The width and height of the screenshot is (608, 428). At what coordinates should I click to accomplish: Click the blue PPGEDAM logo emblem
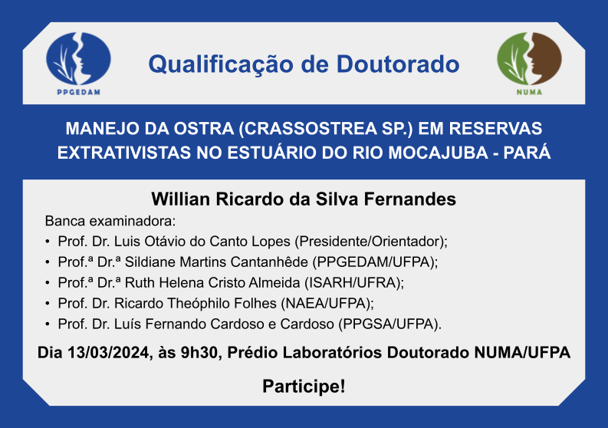(x=78, y=59)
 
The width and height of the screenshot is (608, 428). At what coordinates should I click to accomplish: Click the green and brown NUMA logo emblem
(x=529, y=59)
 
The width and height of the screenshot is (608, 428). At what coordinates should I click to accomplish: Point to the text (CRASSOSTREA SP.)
(x=326, y=129)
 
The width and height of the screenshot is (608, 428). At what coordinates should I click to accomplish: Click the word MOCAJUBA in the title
(x=439, y=153)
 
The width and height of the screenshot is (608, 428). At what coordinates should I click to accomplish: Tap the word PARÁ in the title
(x=527, y=152)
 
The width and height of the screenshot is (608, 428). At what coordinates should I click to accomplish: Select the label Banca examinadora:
(x=110, y=221)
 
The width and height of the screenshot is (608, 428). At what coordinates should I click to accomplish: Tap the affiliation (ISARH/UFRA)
(x=353, y=283)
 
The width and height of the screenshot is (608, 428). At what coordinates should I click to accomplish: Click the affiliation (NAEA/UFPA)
(x=326, y=304)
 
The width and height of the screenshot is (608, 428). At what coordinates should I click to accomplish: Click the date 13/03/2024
(x=109, y=353)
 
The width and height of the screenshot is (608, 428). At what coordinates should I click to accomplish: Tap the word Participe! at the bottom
(x=304, y=387)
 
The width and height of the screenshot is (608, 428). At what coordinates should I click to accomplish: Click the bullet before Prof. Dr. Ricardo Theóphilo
(x=48, y=304)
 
